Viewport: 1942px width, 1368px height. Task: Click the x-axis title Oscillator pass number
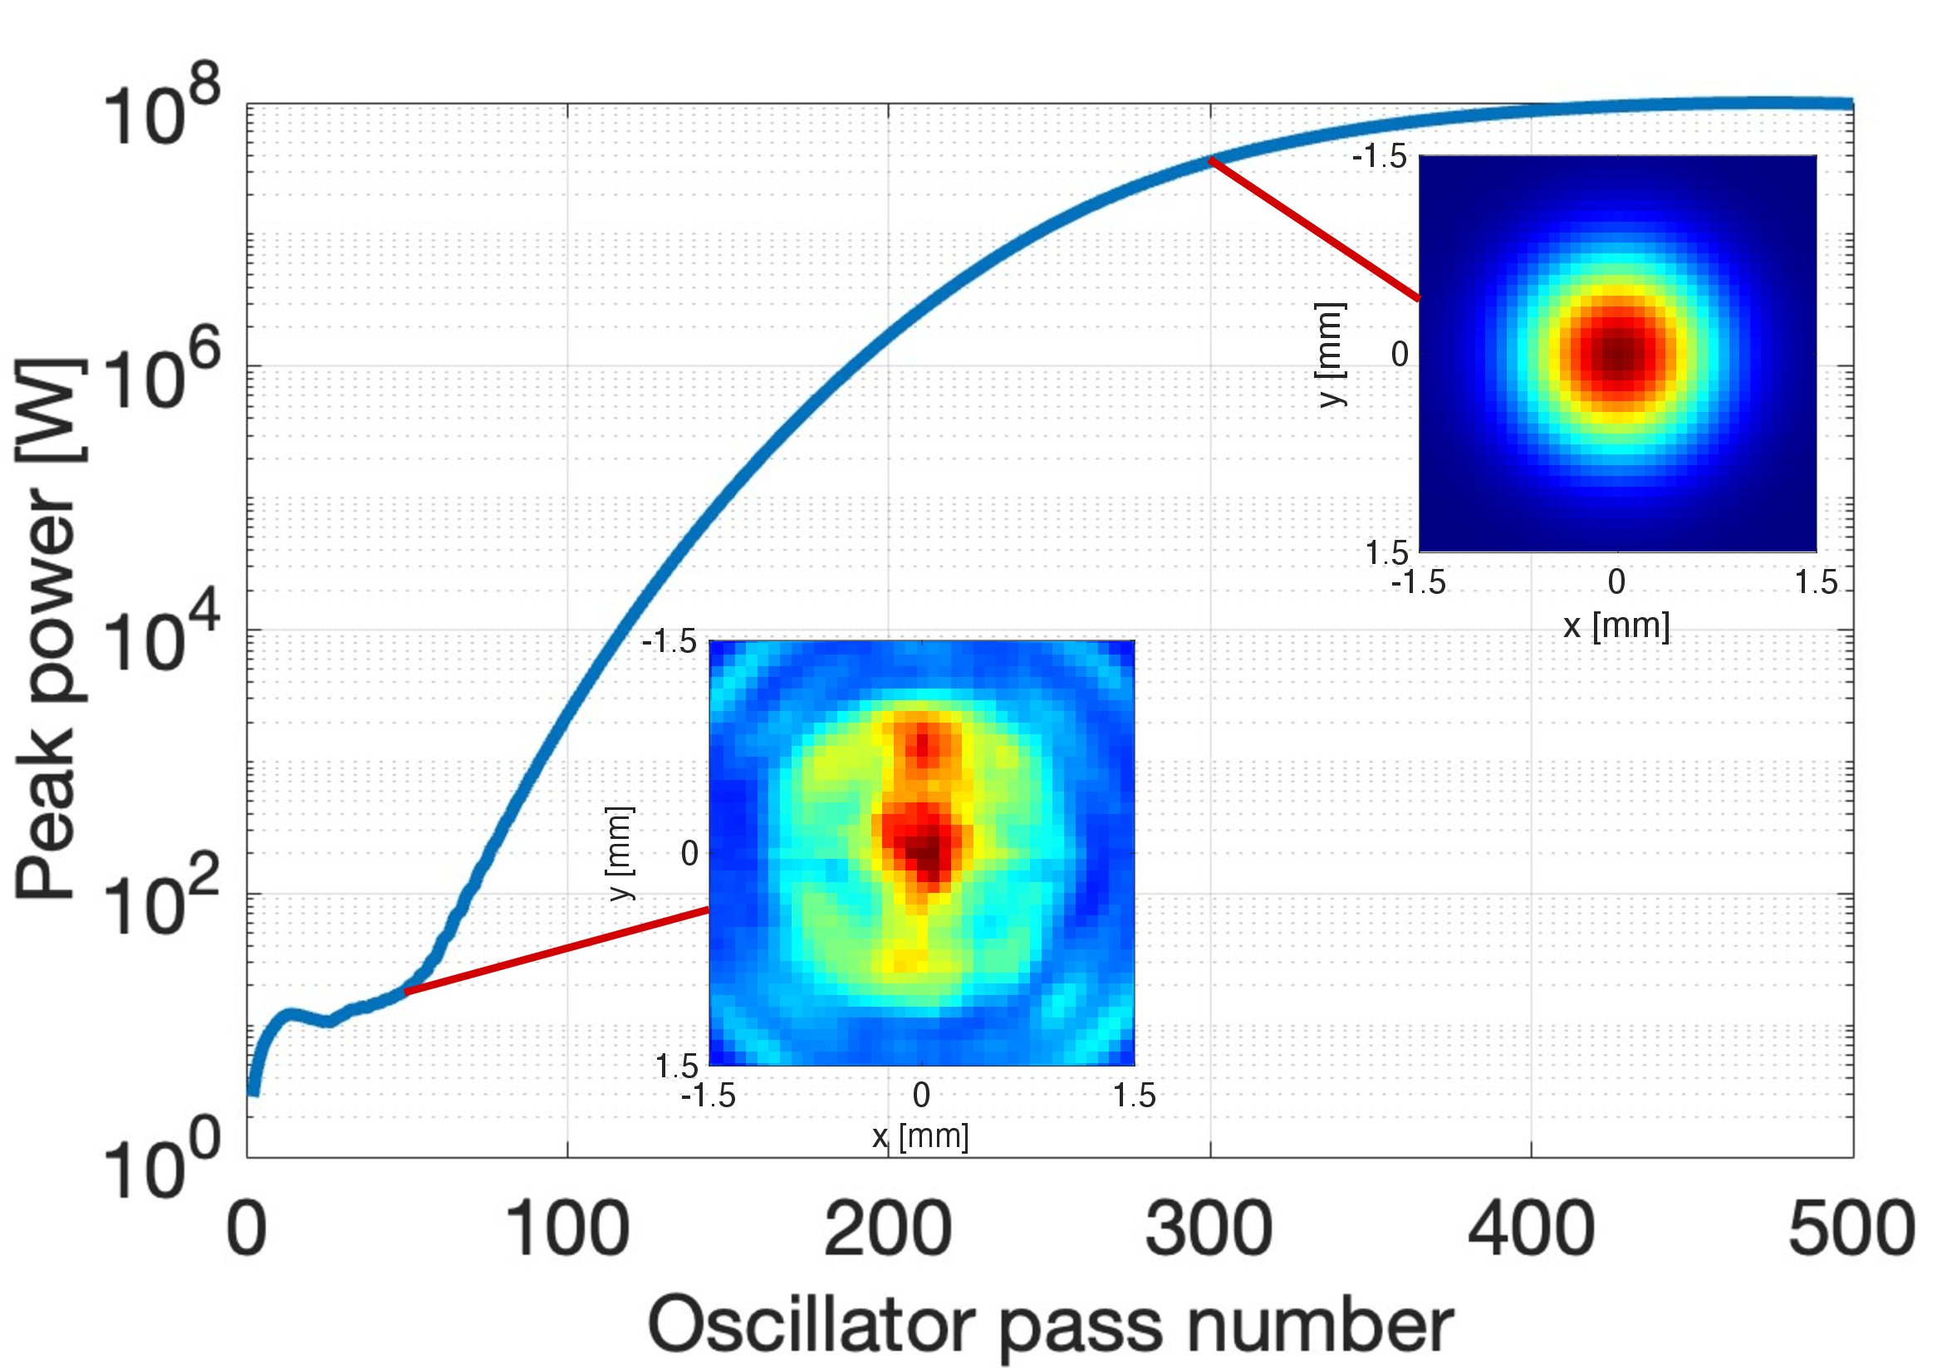1050,1326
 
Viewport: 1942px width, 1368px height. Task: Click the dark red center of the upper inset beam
1617,355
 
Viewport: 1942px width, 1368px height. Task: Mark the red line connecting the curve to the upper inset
1313,229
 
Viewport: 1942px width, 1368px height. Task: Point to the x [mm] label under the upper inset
1616,626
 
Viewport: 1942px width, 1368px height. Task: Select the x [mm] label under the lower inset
920,1135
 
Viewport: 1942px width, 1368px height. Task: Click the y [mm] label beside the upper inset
1330,355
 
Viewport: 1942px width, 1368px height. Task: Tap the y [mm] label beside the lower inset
620,853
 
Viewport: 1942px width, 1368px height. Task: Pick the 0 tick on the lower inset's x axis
921,1096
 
